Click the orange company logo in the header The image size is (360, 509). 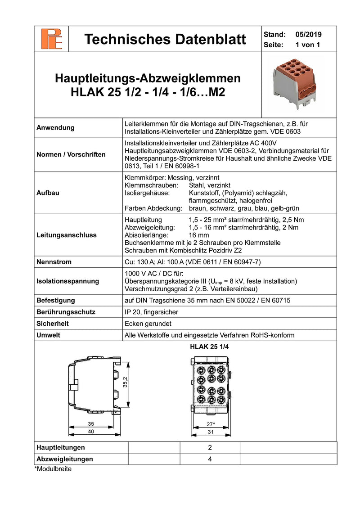52,39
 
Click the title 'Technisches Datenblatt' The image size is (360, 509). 165,40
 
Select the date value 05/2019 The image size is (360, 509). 309,34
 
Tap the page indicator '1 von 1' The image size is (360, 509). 307,45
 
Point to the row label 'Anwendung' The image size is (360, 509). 55,128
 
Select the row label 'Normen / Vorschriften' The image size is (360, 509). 71,154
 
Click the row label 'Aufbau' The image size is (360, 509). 47,193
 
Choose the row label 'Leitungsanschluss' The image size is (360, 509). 66,235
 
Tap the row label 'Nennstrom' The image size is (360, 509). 54,262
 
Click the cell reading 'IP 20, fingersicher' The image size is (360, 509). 151,312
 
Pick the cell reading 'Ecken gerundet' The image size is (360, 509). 148,324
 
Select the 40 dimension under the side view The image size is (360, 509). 91,432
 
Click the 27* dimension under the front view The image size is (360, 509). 210,424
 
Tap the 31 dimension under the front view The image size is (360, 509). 210,432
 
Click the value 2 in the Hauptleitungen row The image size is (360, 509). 210,448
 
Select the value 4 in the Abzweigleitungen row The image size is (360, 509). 210,459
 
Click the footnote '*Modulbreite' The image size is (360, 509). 53,469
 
